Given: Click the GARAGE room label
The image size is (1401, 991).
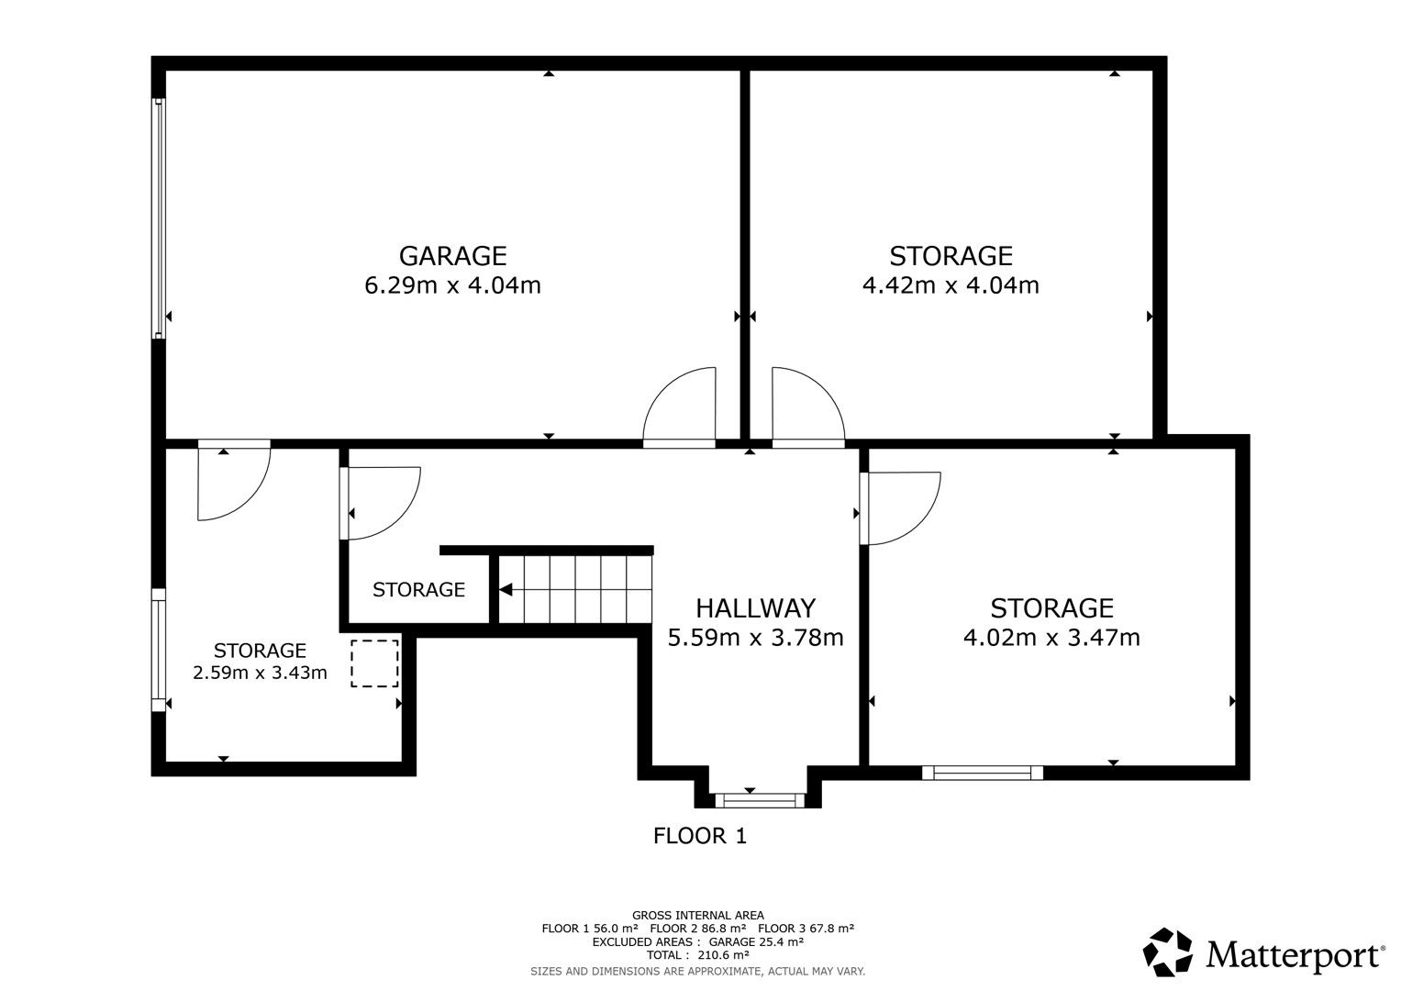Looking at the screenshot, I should click(x=452, y=254).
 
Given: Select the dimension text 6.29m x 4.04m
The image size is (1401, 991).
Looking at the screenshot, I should click(x=452, y=285).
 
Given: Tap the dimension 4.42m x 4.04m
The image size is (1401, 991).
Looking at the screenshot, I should click(x=951, y=285).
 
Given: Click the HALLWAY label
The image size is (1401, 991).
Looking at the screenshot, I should click(x=755, y=607).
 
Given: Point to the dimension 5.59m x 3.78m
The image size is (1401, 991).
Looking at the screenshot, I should click(x=755, y=637).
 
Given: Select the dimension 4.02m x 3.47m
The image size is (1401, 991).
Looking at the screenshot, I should click(x=1051, y=637).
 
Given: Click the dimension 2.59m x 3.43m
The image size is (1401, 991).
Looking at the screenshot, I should click(x=260, y=673).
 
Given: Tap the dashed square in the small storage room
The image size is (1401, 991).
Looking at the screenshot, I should click(x=374, y=663).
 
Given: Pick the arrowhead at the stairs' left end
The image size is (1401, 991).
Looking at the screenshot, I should click(x=506, y=590).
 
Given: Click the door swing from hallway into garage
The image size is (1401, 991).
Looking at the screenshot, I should click(x=680, y=407).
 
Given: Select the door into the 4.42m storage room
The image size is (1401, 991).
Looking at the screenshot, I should click(x=806, y=407).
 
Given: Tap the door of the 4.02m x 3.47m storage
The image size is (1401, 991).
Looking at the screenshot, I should click(x=900, y=507).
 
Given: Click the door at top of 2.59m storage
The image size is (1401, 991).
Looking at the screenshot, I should click(x=233, y=482).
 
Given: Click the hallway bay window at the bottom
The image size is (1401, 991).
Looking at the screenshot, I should click(x=759, y=800).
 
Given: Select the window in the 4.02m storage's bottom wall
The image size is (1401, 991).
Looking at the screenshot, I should click(x=983, y=773).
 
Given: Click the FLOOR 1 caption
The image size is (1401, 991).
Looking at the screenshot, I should click(x=700, y=836).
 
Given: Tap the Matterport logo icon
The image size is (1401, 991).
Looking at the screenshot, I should click(x=1167, y=952).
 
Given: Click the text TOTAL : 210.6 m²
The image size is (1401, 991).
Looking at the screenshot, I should click(x=697, y=954).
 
